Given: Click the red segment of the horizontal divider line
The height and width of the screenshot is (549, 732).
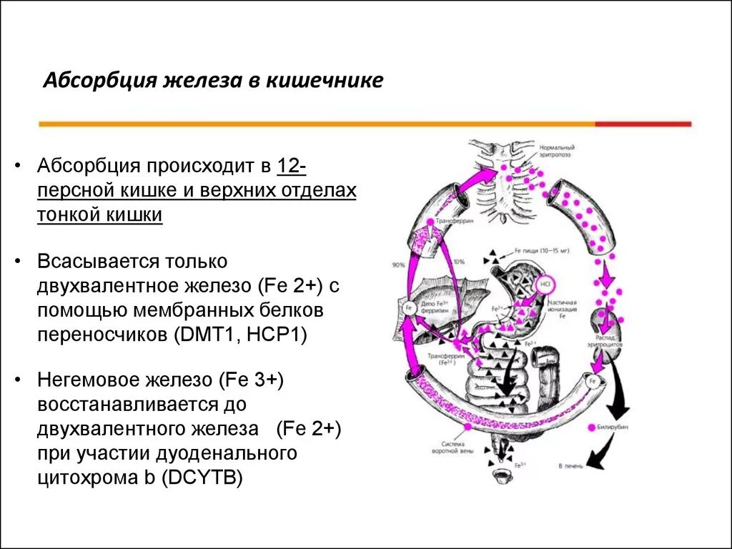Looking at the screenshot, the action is click(643, 124).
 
